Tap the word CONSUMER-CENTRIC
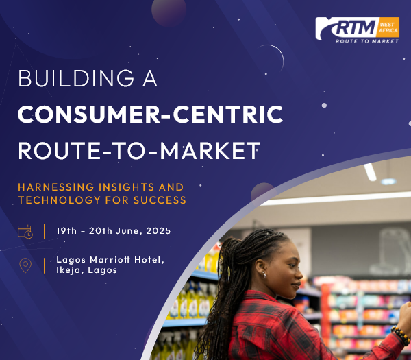tap(151, 114)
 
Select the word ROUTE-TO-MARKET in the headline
tap(139, 150)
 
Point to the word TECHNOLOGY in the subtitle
tap(59, 200)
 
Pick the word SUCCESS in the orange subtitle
tap(160, 200)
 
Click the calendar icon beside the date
tap(25, 232)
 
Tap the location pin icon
tap(25, 265)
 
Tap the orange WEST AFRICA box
tap(388, 27)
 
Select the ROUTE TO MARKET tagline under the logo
tap(367, 41)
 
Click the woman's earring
tap(264, 275)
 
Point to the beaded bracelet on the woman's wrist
tap(401, 335)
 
